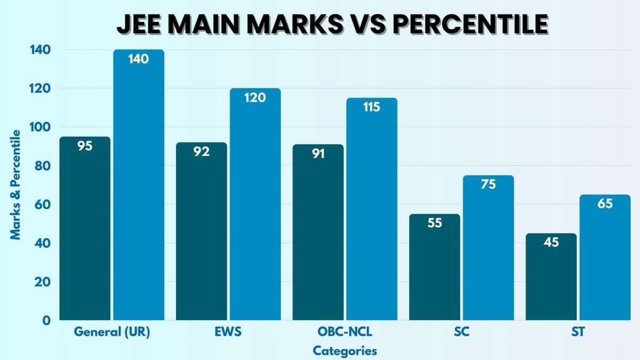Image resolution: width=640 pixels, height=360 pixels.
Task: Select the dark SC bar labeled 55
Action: coord(435,267)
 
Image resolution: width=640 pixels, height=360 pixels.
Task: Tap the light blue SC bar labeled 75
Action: coord(488,247)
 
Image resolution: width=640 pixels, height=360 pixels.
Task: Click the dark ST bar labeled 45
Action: coord(551,277)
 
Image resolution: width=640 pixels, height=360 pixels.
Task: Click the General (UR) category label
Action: coord(112,332)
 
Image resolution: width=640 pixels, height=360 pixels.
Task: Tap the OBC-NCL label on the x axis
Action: coord(345,332)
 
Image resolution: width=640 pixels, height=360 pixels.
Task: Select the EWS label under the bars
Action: coord(228,332)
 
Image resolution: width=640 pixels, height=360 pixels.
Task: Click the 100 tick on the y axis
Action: coord(42,127)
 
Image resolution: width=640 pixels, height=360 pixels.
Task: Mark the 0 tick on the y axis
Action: coord(47,321)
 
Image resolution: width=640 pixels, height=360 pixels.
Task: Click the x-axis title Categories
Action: coord(345,350)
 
